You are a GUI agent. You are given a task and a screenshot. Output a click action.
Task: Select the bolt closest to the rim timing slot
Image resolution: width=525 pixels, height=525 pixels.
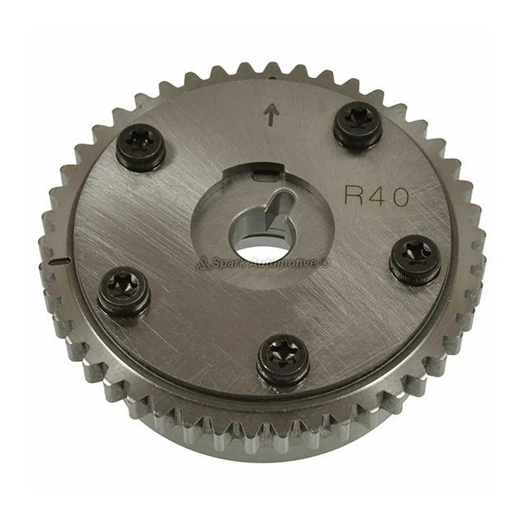click(125, 291)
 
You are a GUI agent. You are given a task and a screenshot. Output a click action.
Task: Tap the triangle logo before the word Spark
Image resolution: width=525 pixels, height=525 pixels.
click(202, 262)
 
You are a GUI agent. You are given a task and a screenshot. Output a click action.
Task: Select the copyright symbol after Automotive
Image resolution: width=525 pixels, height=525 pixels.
click(325, 262)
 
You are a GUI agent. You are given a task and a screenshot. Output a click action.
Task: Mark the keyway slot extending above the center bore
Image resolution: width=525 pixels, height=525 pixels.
click(279, 203)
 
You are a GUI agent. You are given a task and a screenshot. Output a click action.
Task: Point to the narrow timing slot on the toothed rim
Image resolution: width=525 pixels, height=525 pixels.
click(57, 262)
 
